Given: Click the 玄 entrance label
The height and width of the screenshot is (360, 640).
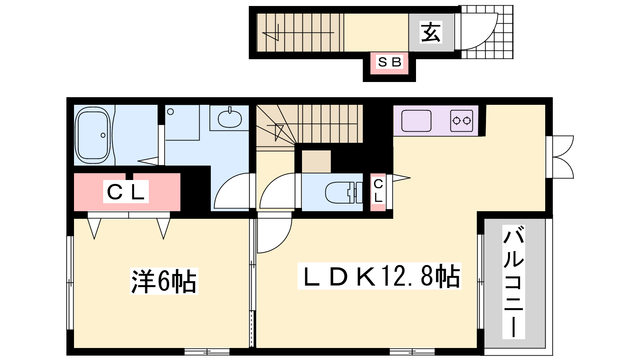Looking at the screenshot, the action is coord(431,32).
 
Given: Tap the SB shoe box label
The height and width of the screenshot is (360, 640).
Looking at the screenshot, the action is coord(390,62).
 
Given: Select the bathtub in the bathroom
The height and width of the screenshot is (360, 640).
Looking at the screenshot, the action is coord(93,135).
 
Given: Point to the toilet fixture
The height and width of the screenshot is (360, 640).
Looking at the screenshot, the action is coord(344,192).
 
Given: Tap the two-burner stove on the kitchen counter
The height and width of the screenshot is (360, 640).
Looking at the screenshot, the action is coord(462,121).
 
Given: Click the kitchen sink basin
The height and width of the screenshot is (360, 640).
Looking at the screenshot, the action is coord(416,121).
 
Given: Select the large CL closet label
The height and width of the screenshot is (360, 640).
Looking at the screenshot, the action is coord(126,192).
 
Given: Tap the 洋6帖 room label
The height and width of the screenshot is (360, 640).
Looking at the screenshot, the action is coord(164,281).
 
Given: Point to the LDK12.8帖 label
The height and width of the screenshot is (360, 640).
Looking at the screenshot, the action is coord(380,276).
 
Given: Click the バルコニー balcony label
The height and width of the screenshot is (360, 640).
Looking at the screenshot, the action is coord(514,282).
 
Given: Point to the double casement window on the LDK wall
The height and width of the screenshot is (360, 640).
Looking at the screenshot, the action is coord(560,157).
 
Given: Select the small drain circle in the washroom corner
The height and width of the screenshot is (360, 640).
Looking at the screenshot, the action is coord(170,112).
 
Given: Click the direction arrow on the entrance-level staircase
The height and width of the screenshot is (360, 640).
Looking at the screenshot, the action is coord(298,33).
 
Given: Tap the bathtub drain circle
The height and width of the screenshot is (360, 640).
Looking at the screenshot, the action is coord(103,135).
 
